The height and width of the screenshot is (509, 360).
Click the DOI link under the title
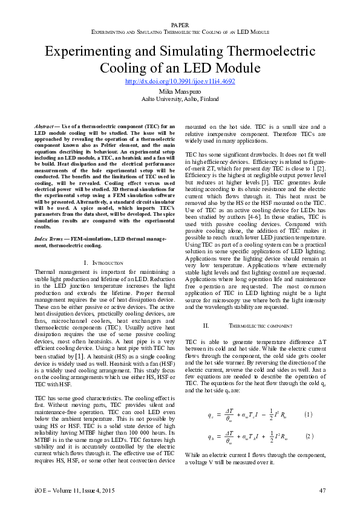tap(180, 80)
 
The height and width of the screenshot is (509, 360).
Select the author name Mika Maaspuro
tap(180, 91)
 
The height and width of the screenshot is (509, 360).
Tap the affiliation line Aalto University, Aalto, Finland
tap(180, 99)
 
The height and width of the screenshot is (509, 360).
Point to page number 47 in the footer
tap(322, 490)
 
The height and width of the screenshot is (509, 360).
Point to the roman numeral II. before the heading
tap(206, 325)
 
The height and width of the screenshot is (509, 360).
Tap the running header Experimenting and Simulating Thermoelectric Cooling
tap(180, 31)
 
